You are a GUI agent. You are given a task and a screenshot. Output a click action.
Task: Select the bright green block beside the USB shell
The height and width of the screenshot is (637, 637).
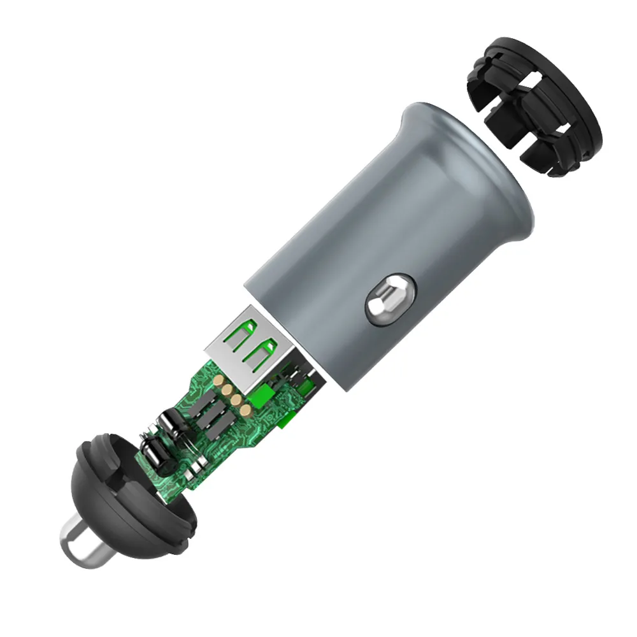tap(261, 396)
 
